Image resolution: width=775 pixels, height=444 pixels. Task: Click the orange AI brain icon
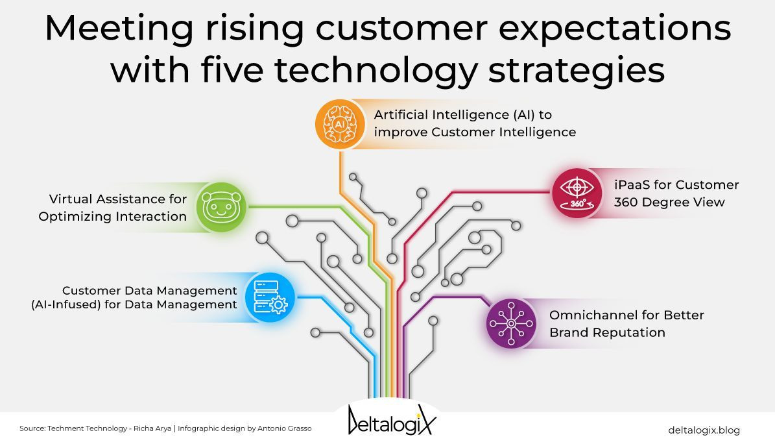pos(340,124)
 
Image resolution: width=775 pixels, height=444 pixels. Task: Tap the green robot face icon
pos(221,207)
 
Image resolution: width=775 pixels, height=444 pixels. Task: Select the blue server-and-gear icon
pos(270,297)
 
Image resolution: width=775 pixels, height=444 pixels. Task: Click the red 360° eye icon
pos(577,193)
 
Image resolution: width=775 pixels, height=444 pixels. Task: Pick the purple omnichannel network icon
pos(511,323)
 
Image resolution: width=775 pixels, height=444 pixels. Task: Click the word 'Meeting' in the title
pos(119,28)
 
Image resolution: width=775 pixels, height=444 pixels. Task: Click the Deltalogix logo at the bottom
pos(392,420)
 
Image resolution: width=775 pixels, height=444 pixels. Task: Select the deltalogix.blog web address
pos(704,430)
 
